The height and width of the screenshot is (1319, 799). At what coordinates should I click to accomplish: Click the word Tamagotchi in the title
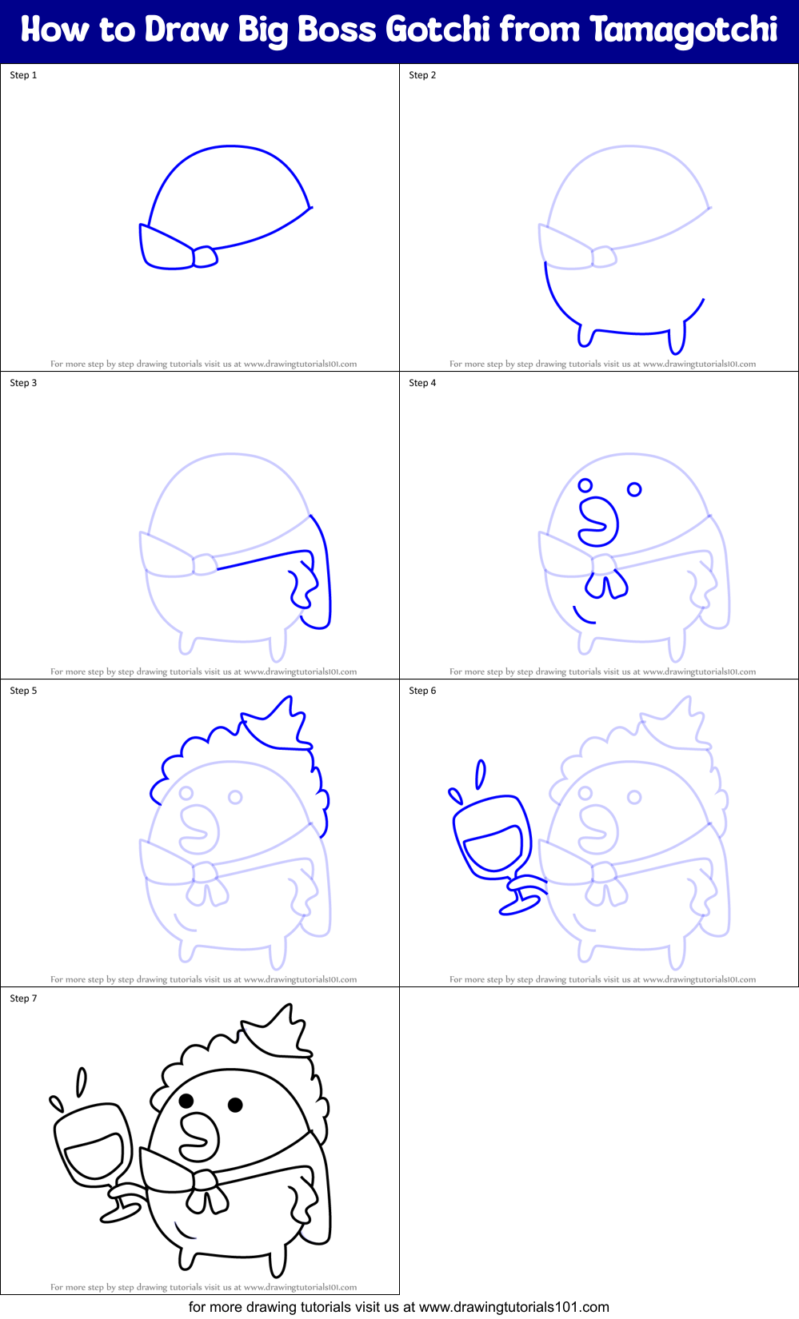[x=684, y=30]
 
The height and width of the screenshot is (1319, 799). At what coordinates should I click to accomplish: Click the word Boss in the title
[x=337, y=30]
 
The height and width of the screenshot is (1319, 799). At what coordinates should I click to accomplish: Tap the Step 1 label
[x=23, y=75]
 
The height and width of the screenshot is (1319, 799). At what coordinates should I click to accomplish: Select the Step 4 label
[x=422, y=383]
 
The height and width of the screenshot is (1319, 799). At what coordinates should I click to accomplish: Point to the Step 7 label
[x=23, y=998]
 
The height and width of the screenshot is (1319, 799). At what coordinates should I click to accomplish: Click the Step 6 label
[x=422, y=691]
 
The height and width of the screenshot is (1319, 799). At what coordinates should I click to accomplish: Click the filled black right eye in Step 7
[x=235, y=1105]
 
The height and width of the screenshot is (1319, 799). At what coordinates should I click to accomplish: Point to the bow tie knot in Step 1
[x=205, y=257]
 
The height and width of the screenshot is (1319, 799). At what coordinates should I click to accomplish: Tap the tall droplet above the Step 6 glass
[x=481, y=774]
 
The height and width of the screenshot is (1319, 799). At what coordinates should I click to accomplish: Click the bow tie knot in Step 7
[x=206, y=1180]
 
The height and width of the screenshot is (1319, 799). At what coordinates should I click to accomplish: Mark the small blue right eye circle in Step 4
[x=634, y=489]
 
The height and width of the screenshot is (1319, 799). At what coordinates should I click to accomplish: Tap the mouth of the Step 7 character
[x=199, y=1136]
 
